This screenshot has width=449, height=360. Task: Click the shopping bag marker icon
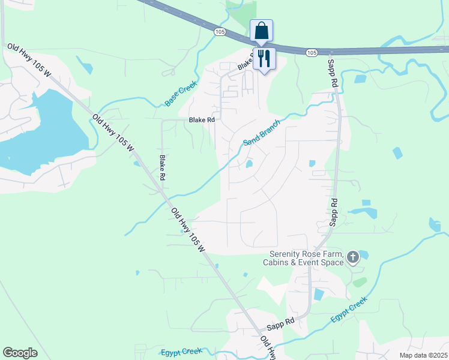coord(261,31)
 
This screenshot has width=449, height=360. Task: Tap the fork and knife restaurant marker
coord(264,58)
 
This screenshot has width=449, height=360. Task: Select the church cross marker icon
coord(352,258)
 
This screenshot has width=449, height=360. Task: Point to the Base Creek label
coord(181,95)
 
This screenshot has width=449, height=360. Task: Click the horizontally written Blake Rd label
coord(202,120)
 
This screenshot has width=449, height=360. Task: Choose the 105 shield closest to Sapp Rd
coord(311,53)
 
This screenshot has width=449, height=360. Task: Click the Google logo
coord(20,353)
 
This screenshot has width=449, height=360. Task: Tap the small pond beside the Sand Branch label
coord(249,164)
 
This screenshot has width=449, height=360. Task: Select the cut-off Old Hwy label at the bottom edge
coord(268,347)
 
